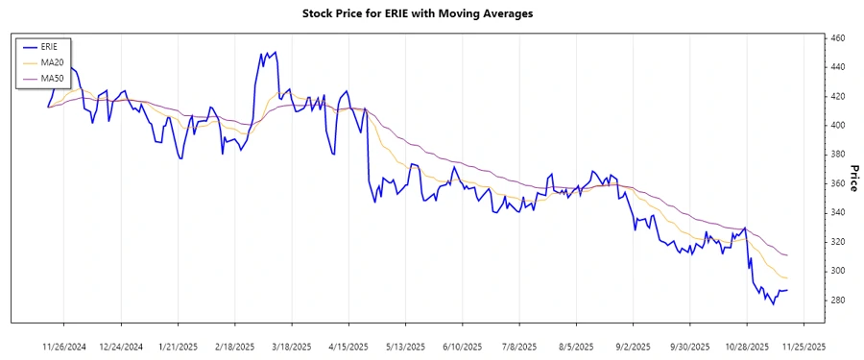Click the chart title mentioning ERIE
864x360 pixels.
pos(431,14)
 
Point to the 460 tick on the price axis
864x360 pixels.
pos(837,38)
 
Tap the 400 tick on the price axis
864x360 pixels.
pos(837,126)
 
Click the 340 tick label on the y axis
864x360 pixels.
pos(837,213)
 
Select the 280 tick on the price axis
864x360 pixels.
pos(837,300)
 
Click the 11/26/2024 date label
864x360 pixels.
pos(65,347)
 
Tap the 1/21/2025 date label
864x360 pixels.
pos(178,347)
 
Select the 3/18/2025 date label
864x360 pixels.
pos(292,347)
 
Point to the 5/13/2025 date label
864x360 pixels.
pos(404,347)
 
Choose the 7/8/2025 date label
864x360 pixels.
pos(517,347)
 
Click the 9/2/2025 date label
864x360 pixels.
pos(631,347)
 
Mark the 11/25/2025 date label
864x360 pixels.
pos(801,347)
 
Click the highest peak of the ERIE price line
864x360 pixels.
pos(276,52)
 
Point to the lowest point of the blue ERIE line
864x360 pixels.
pos(773,304)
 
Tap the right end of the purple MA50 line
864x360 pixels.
pos(788,255)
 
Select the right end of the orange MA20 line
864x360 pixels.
pos(788,278)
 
